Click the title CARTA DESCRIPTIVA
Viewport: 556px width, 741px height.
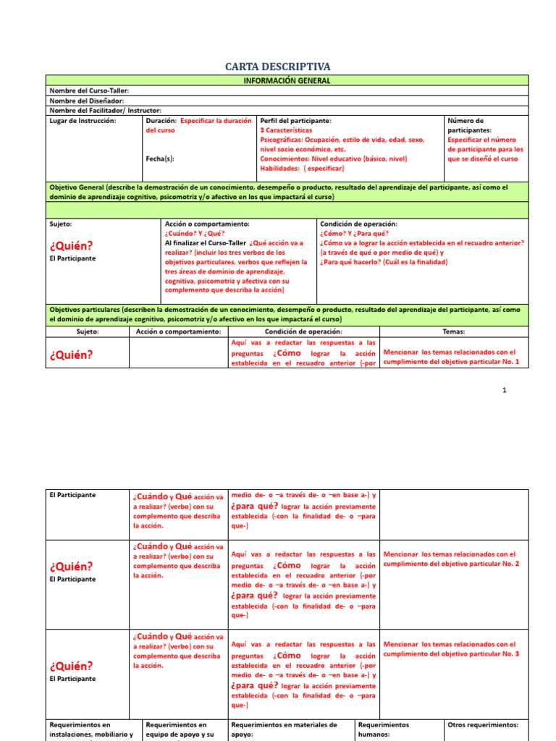pyautogui.click(x=278, y=67)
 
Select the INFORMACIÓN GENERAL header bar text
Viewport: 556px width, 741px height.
pyautogui.click(x=287, y=80)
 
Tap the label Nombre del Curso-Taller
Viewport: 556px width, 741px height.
pyautogui.click(x=89, y=90)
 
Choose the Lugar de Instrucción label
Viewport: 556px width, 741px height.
pyautogui.click(x=83, y=121)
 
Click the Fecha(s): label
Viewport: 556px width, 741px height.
pyautogui.click(x=160, y=158)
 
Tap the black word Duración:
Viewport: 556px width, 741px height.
pyautogui.click(x=161, y=121)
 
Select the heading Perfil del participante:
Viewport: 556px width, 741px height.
pyautogui.click(x=295, y=121)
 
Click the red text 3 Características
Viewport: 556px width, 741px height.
pyautogui.click(x=286, y=130)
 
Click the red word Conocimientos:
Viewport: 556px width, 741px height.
pyautogui.click(x=285, y=158)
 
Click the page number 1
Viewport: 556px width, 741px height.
pyautogui.click(x=505, y=390)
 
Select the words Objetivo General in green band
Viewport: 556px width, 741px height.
pyautogui.click(x=77, y=187)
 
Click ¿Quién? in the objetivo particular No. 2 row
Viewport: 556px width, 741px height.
pyautogui.click(x=71, y=566)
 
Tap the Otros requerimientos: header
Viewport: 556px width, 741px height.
pyautogui.click(x=484, y=724)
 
